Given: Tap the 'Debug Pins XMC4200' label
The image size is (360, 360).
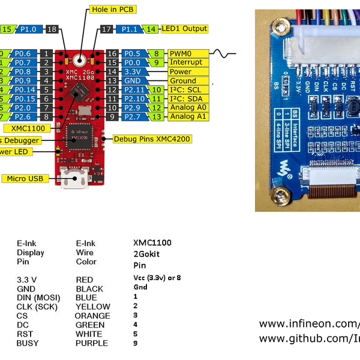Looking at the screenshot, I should click(x=142, y=138).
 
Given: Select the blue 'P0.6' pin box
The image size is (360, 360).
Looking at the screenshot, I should click(x=25, y=53).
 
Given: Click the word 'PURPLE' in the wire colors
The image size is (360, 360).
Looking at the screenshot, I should click(x=92, y=343).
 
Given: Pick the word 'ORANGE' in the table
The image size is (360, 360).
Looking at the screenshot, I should click(x=92, y=316).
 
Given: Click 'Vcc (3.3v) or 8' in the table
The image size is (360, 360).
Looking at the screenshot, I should click(x=157, y=278).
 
